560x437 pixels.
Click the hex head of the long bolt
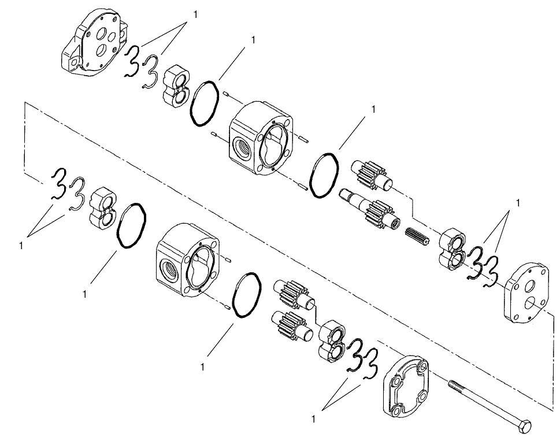(525, 425)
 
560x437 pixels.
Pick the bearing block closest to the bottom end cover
(331, 340)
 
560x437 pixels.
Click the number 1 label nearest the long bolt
(314, 417)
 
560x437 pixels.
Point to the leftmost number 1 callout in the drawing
(21, 245)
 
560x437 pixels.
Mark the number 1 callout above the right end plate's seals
(518, 202)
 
